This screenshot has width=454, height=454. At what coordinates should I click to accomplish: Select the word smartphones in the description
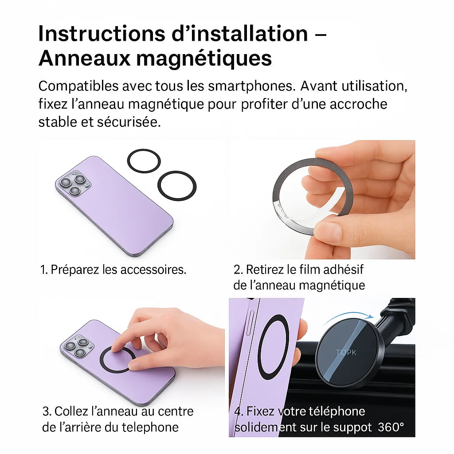click(251, 86)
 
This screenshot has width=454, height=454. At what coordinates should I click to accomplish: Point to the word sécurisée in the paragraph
click(129, 122)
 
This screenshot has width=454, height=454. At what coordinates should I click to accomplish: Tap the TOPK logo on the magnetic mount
click(346, 352)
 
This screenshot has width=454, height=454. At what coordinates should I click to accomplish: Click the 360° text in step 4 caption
click(391, 427)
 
